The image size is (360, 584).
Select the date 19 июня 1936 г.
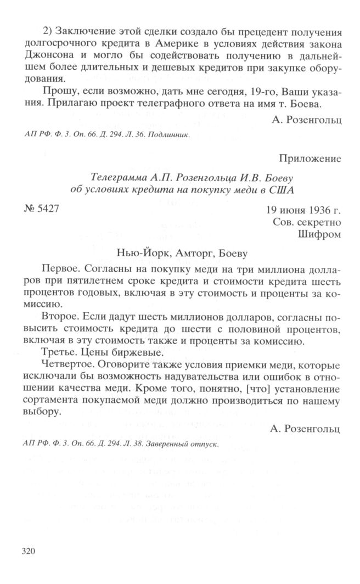click(303, 210)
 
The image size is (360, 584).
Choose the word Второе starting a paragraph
click(59, 318)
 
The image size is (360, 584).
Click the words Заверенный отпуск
click(187, 445)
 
